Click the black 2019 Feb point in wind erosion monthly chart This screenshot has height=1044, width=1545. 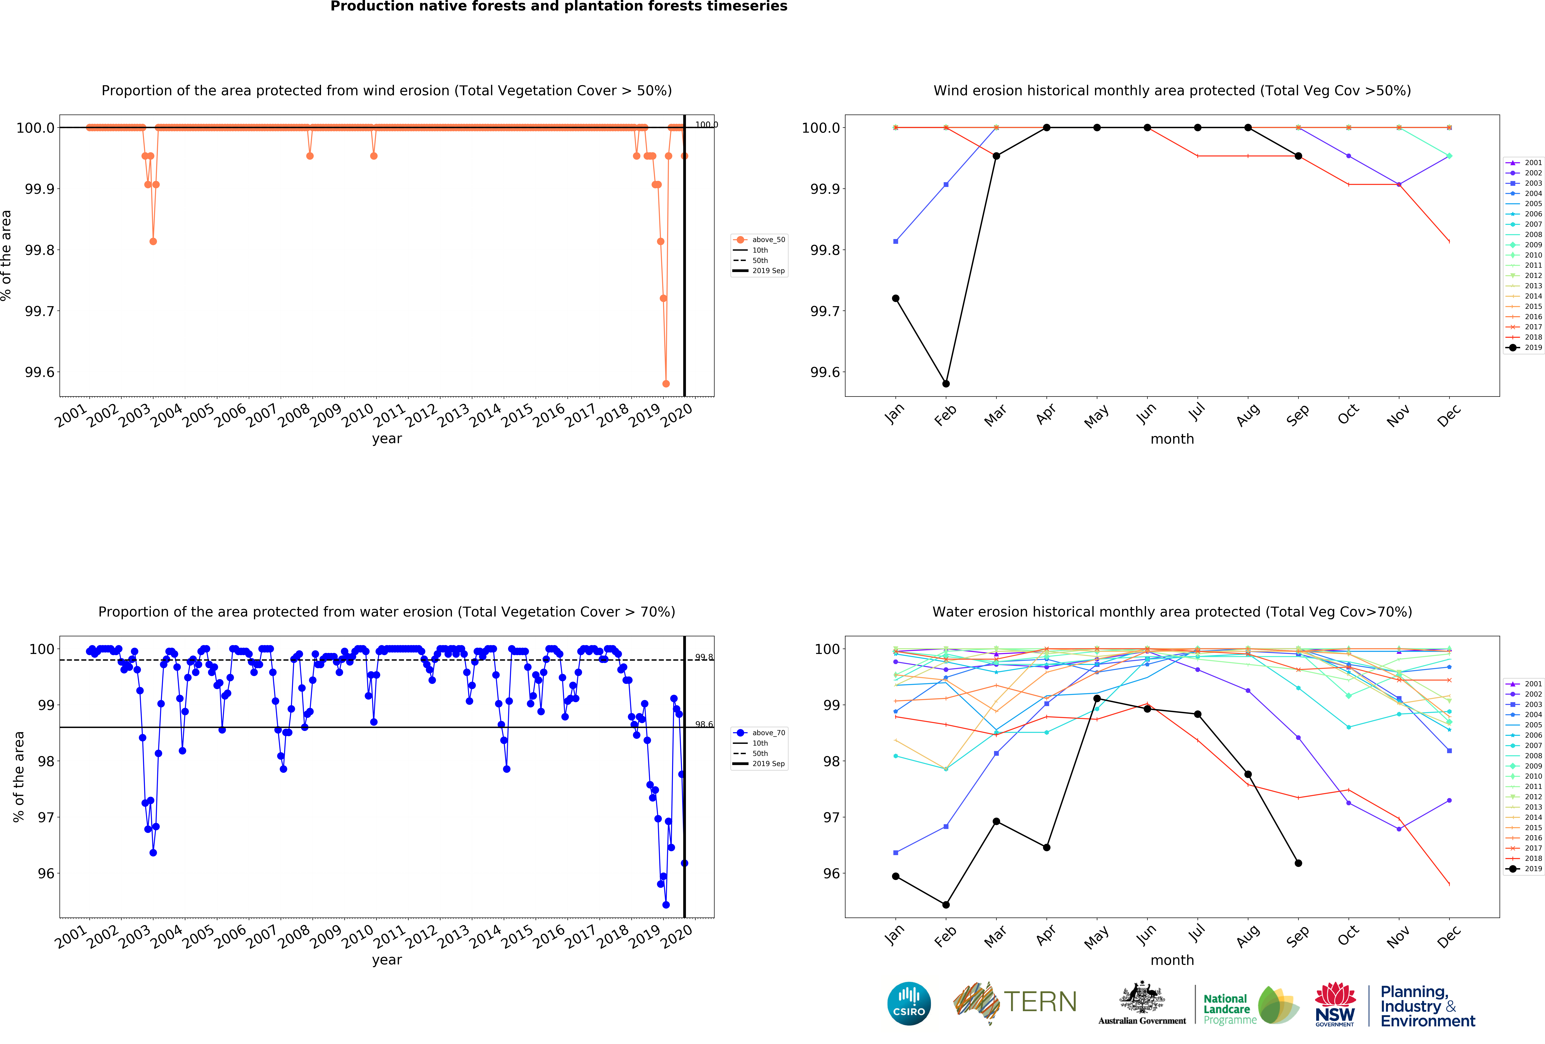(x=946, y=384)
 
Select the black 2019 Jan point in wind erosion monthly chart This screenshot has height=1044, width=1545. (x=895, y=298)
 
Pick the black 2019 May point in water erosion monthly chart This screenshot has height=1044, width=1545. (x=1097, y=698)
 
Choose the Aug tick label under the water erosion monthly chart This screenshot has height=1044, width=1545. (x=1247, y=936)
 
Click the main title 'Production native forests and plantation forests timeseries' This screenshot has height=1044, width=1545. (x=558, y=7)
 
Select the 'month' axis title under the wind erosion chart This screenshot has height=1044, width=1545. (x=1172, y=439)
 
